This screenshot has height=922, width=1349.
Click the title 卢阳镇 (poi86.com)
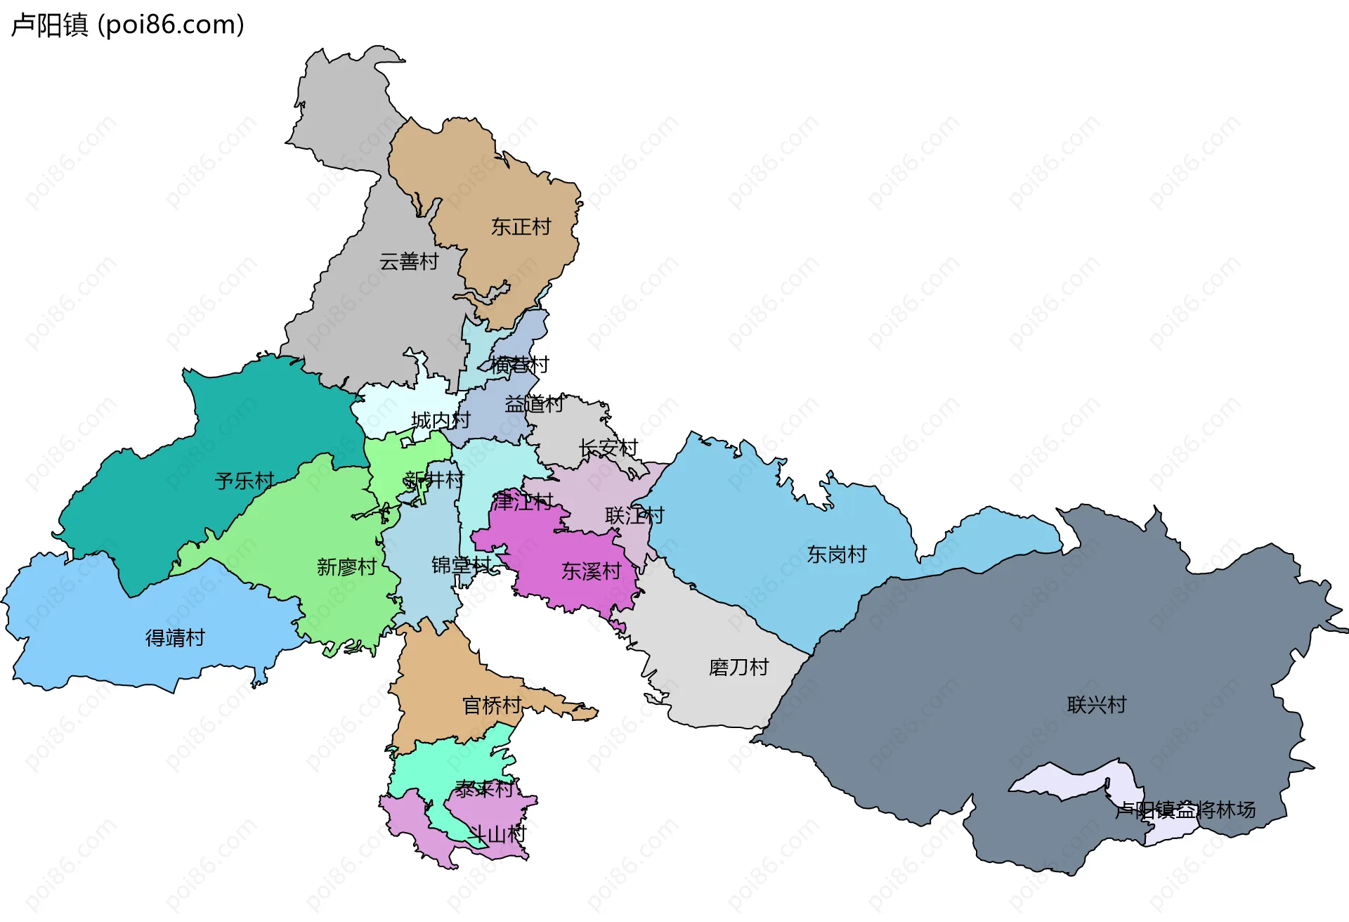tap(128, 25)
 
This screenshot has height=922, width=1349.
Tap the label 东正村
tap(521, 227)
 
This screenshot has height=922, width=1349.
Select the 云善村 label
tap(409, 261)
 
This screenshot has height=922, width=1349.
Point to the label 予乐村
tap(245, 481)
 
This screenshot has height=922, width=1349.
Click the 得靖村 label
tap(175, 638)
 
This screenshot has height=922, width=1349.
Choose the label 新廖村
tap(346, 567)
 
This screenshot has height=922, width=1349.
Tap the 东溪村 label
tap(591, 571)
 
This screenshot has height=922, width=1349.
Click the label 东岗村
tap(836, 554)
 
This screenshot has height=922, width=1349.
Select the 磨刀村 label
tap(738, 667)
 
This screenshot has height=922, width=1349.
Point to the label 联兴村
tap(1096, 705)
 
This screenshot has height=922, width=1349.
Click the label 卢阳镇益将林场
tap(1185, 810)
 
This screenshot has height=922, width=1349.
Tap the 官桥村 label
tap(492, 706)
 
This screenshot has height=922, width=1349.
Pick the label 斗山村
tap(497, 835)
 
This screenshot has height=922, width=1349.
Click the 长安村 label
tap(608, 448)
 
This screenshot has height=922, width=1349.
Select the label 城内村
tap(441, 420)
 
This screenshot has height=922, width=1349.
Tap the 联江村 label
tap(634, 516)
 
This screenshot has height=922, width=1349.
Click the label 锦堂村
tap(461, 565)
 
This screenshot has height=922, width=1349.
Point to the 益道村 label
tap(534, 404)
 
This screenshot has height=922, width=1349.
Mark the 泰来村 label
tap(484, 789)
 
